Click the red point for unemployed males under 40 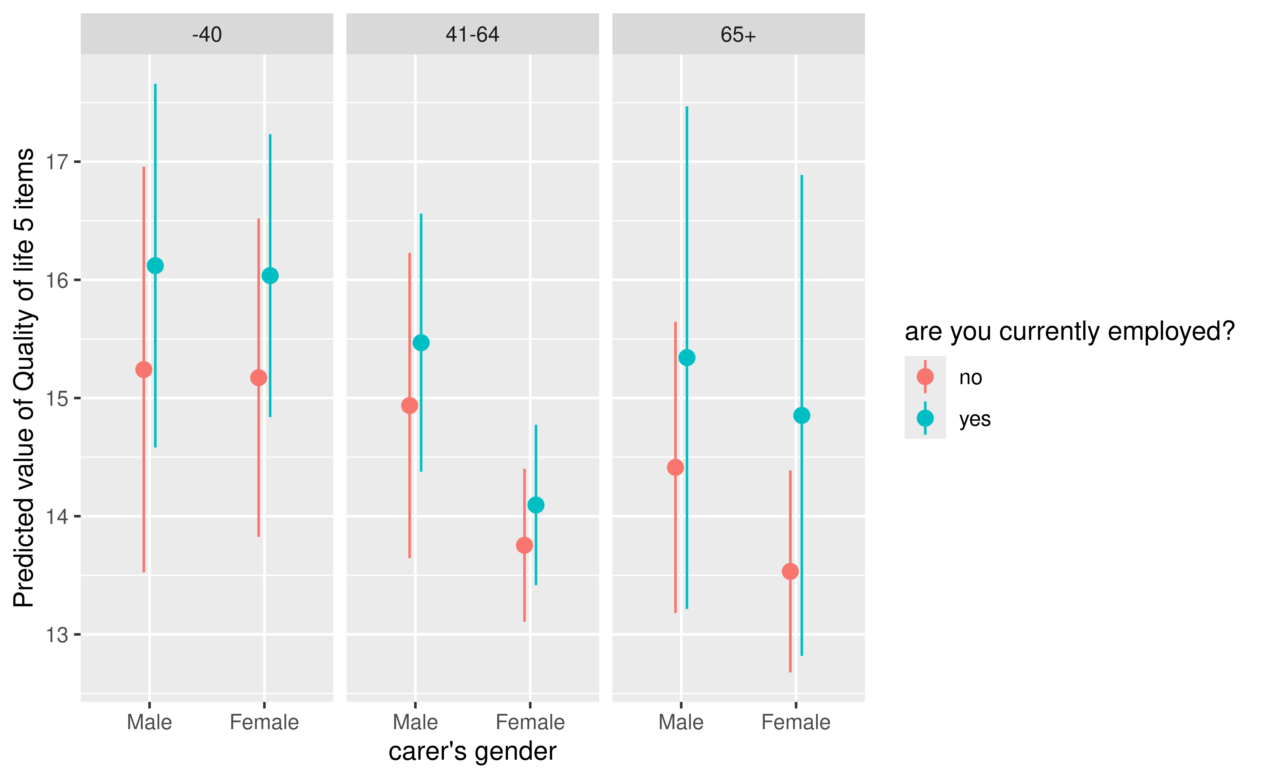(144, 369)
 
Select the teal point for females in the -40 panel (270, 276)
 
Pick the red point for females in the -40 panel (259, 378)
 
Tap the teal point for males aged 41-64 (421, 343)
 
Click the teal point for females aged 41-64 (536, 505)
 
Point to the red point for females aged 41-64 (525, 545)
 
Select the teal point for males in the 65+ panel (687, 358)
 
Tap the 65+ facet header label (738, 35)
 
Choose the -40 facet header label (207, 35)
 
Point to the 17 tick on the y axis (57, 162)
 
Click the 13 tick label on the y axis (57, 635)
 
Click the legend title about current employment (1070, 331)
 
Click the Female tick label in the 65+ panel (796, 722)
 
